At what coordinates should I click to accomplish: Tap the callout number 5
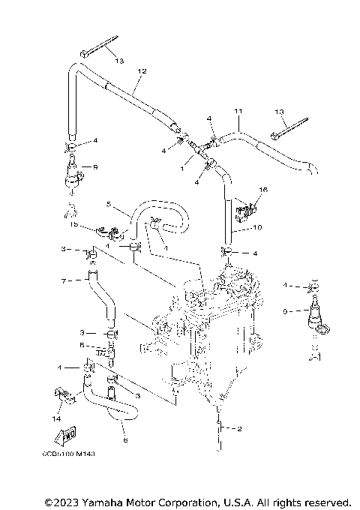point(108,204)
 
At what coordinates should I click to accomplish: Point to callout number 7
point(64,280)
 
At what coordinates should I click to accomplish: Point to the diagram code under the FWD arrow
point(73,454)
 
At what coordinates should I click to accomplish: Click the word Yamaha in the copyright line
point(106,501)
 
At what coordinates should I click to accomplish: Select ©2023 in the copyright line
point(62,501)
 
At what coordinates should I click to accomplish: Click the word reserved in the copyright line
point(324,501)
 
